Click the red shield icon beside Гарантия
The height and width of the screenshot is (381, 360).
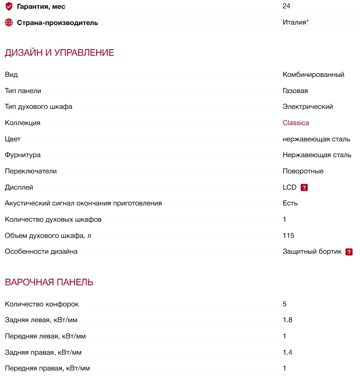tap(9, 7)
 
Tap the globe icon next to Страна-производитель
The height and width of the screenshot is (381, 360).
tap(9, 22)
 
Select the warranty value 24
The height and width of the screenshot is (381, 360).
tap(287, 6)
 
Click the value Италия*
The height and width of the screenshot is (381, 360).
tap(295, 22)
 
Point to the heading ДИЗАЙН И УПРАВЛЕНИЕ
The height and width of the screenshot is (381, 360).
tap(59, 53)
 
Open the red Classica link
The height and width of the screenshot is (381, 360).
tap(295, 123)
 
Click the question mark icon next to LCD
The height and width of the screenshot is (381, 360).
tap(304, 187)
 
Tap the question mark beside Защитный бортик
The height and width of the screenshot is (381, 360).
tap(349, 252)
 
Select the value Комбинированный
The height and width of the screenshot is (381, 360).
tap(313, 75)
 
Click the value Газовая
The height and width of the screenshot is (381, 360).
tap(295, 91)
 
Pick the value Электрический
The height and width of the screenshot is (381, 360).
tap(308, 107)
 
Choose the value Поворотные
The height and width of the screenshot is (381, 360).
tap(303, 171)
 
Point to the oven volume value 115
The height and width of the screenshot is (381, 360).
tap(288, 236)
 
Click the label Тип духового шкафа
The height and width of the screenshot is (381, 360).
tap(39, 107)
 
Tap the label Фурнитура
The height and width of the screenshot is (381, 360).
tap(22, 155)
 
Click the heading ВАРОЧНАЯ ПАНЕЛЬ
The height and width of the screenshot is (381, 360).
tap(49, 282)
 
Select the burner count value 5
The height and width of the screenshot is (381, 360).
tap(285, 304)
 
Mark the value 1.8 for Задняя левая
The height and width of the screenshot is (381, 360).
tap(288, 320)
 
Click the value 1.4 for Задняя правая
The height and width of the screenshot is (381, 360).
tap(288, 352)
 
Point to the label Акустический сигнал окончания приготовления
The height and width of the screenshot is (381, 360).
tap(83, 203)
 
